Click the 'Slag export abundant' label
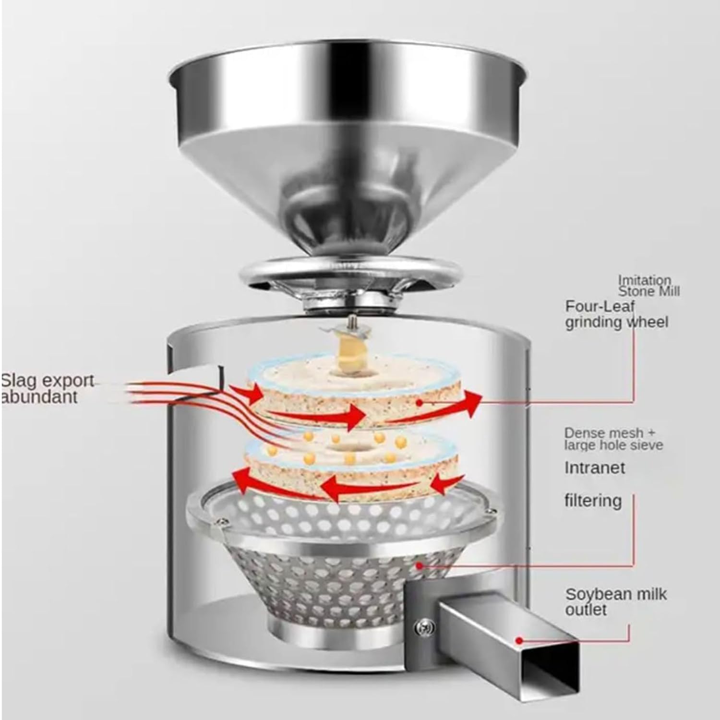[x=47, y=389]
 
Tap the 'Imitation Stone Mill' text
[x=648, y=286]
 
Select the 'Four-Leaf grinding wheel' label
[x=616, y=314]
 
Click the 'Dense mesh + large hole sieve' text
[x=613, y=439]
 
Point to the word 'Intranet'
[x=594, y=468]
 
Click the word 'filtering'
[x=592, y=500]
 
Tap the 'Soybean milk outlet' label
[x=616, y=601]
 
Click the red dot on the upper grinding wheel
[x=420, y=403]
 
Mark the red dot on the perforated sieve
[x=420, y=566]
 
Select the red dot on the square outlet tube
[x=519, y=640]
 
